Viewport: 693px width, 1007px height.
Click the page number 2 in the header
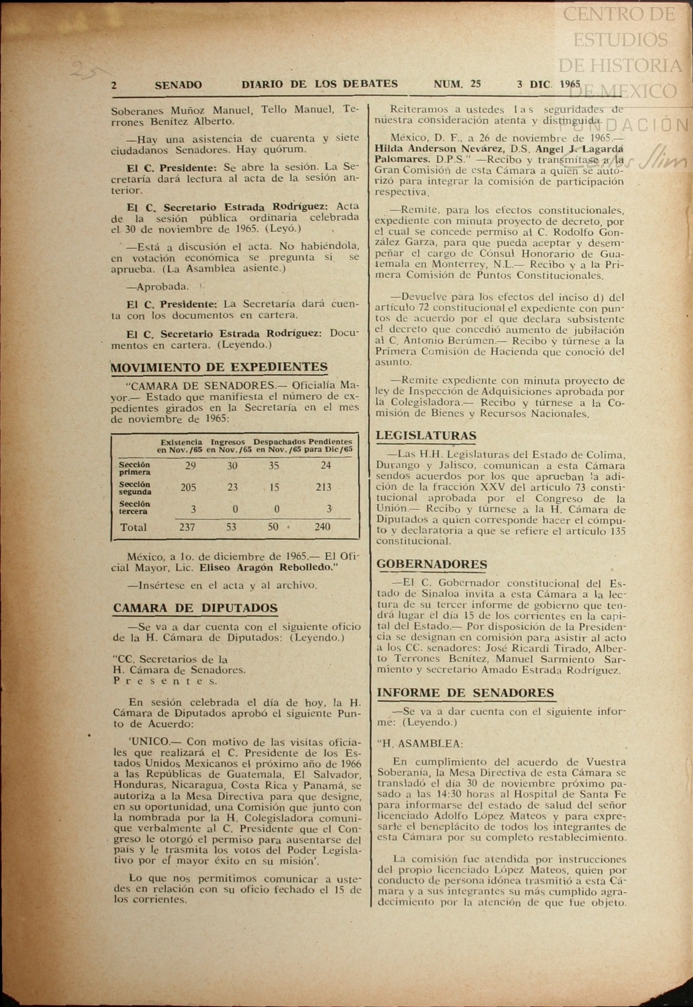tap(114, 85)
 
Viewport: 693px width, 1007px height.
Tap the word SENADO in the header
tap(178, 85)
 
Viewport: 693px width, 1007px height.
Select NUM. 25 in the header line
tap(457, 84)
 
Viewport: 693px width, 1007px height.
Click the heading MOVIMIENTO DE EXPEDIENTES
tap(219, 367)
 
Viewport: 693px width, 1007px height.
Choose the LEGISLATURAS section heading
tap(426, 435)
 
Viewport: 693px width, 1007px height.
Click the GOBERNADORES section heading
tap(431, 564)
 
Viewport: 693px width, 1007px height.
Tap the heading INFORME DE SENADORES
tap(465, 693)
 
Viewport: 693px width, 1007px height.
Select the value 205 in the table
tap(188, 487)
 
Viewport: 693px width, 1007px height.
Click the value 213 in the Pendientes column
tap(323, 487)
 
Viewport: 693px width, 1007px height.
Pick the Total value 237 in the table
tap(187, 527)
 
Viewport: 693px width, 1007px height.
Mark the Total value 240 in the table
tap(322, 527)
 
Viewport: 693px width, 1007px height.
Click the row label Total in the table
tap(133, 527)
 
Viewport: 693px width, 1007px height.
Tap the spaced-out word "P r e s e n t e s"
tap(165, 681)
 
